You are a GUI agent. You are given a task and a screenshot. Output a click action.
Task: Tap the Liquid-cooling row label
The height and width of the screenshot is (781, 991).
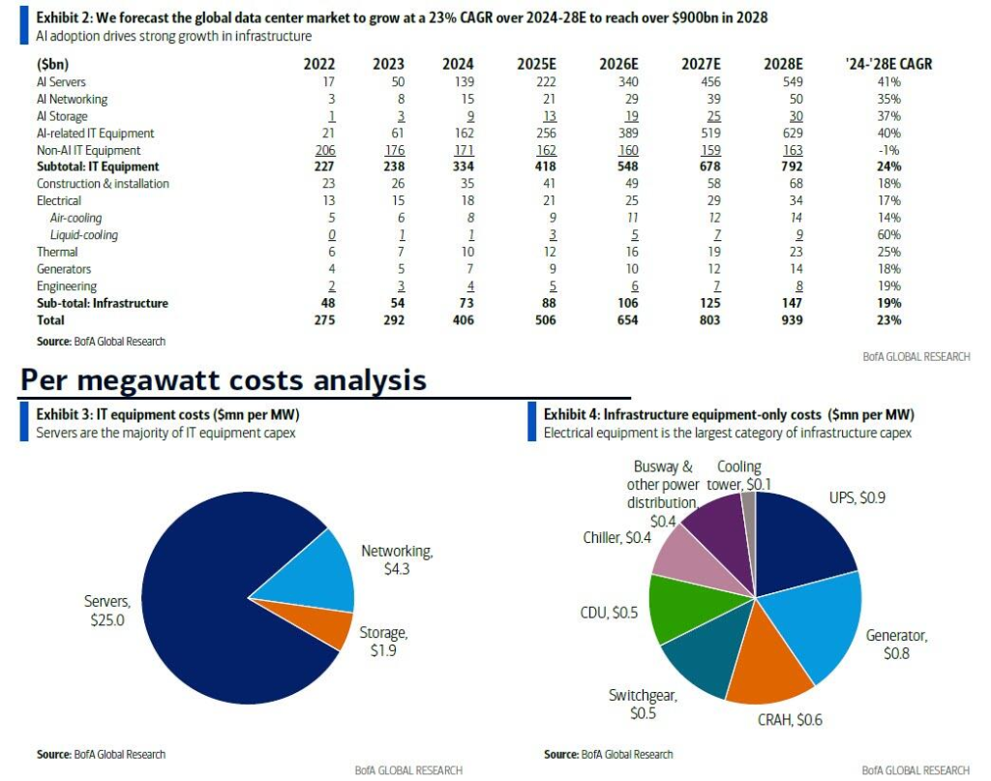(84, 235)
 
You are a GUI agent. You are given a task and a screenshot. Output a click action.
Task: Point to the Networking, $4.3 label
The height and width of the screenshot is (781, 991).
(397, 559)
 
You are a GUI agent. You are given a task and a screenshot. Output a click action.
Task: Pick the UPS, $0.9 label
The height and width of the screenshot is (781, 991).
(856, 497)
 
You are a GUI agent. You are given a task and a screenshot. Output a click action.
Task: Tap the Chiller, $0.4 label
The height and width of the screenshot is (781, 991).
(616, 537)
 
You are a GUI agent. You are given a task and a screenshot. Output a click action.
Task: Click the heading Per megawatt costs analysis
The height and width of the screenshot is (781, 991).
(224, 380)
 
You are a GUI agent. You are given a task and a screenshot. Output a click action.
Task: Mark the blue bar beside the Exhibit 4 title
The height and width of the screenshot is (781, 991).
(532, 422)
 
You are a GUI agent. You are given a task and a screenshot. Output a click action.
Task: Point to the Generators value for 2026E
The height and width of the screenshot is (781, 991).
(627, 269)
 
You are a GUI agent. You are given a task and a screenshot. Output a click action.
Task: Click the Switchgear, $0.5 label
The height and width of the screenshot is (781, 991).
(643, 704)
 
